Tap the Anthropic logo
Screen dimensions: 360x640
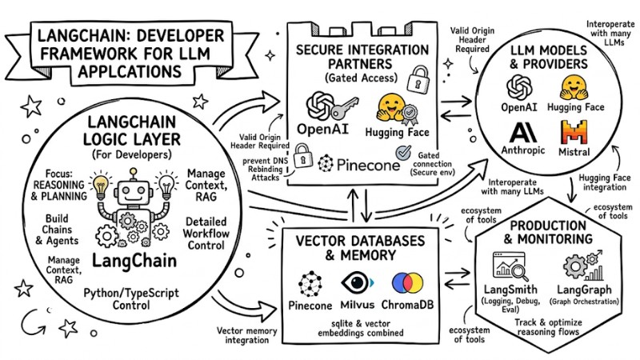522,130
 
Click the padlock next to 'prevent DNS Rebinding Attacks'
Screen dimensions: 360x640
303,154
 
